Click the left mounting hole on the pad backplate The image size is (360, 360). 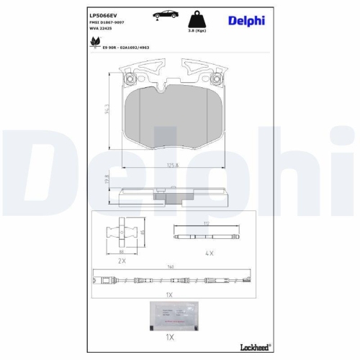131,79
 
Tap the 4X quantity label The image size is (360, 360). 210,253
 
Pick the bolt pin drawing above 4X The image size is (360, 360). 208,235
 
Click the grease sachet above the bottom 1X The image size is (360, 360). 173,314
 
